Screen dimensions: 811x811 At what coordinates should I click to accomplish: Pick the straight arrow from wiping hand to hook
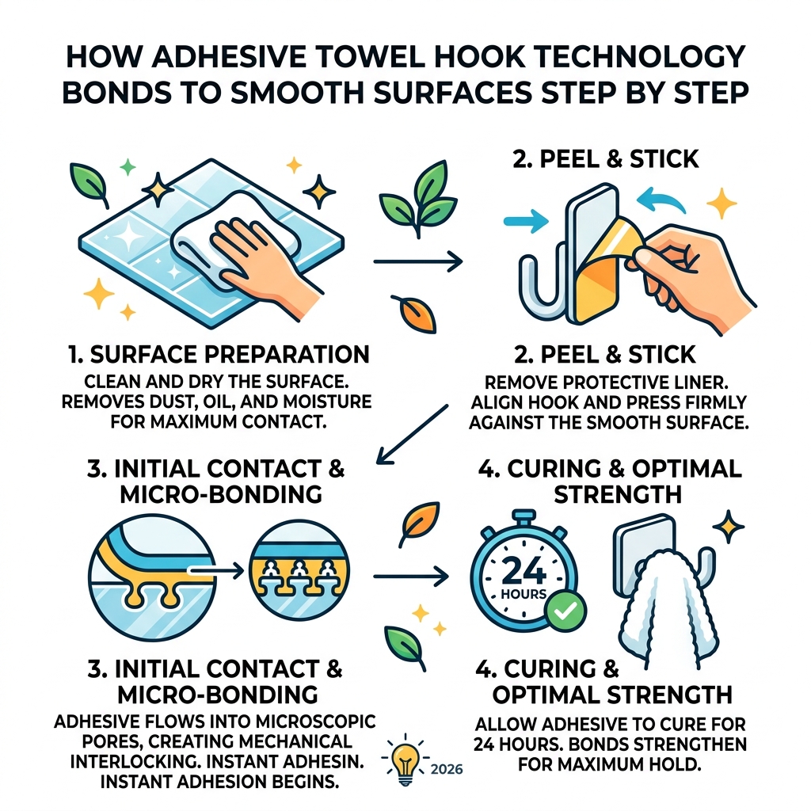[x=417, y=259]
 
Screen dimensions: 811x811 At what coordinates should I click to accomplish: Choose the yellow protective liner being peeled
[x=602, y=269]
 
